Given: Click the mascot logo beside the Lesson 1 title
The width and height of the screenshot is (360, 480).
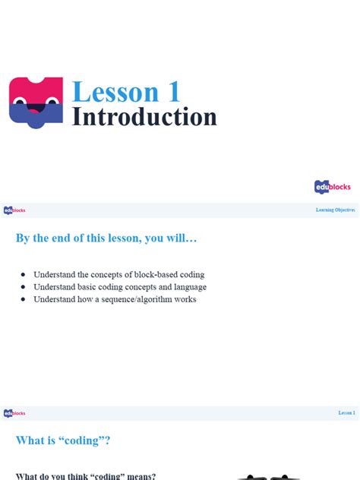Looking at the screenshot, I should pyautogui.click(x=36, y=102).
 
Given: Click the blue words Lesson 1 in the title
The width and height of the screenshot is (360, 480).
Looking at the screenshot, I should pyautogui.click(x=126, y=92).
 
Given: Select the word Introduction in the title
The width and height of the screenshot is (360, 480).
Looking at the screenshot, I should pyautogui.click(x=144, y=118).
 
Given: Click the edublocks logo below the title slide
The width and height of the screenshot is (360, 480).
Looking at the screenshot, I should pyautogui.click(x=333, y=187).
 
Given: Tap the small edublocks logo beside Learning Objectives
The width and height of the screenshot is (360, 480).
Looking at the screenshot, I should pyautogui.click(x=14, y=210).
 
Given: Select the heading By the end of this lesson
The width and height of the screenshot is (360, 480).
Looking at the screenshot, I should pyautogui.click(x=106, y=238).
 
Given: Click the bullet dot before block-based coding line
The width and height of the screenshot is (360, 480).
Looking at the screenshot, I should pyautogui.click(x=23, y=274).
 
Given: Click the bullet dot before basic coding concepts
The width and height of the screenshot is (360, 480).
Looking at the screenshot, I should pyautogui.click(x=23, y=287).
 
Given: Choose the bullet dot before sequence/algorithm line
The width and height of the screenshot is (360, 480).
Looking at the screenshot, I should pyautogui.click(x=23, y=299).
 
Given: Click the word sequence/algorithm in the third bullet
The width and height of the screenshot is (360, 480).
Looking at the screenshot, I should pyautogui.click(x=134, y=299).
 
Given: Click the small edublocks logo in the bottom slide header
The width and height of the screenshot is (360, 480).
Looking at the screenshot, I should pyautogui.click(x=14, y=413).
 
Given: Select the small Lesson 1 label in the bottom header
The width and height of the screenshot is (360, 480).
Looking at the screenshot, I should pyautogui.click(x=346, y=413).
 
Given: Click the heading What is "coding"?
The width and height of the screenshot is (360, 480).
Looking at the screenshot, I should pyautogui.click(x=68, y=441).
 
